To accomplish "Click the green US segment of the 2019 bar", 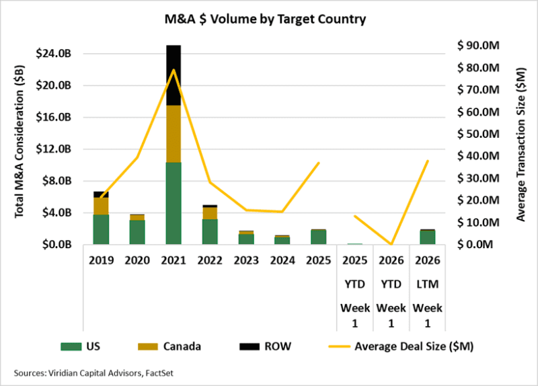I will coord(101,229).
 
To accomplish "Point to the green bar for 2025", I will coord(318,237).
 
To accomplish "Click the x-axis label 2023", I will coord(245,260).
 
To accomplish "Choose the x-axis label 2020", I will coord(137,260).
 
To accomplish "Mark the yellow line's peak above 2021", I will coord(174,69).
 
